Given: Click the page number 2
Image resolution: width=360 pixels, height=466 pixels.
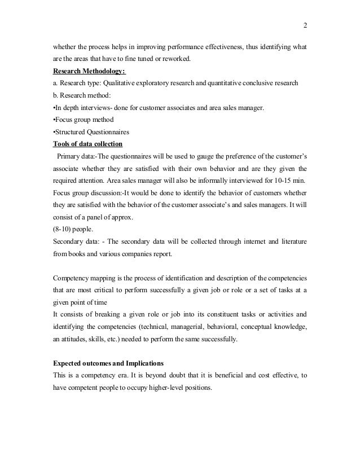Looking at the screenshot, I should (x=305, y=25).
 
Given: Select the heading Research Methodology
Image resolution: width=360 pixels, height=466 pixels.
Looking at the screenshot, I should (x=90, y=72).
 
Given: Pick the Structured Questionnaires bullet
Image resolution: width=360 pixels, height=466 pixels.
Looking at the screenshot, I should (x=91, y=132).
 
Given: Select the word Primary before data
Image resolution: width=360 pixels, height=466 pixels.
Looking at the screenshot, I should (x=70, y=156).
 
